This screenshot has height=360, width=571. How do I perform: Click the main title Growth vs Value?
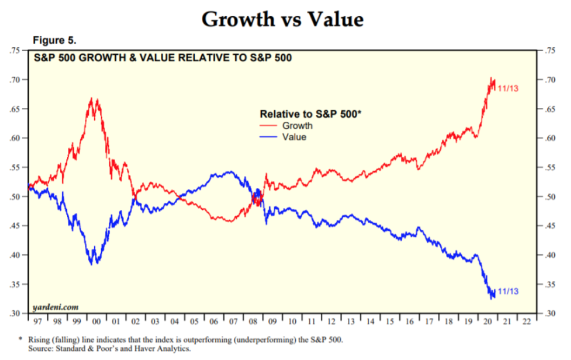tap(283, 20)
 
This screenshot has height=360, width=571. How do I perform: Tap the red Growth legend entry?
tap(297, 126)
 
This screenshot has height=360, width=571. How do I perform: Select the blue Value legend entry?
tap(294, 137)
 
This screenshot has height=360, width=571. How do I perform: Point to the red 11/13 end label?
tap(508, 88)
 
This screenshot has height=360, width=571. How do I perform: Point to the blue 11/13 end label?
tap(508, 291)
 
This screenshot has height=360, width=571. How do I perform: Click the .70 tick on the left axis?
tap(16, 80)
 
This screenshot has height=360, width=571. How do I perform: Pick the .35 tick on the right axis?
tap(550, 284)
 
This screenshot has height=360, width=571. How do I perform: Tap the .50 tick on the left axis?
tap(16, 197)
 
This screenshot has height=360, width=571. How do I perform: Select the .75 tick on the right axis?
tap(550, 51)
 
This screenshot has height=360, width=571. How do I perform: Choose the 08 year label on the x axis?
tap(253, 321)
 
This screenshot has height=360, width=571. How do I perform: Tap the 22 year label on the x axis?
tap(526, 321)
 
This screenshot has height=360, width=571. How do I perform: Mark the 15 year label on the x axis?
tap(390, 321)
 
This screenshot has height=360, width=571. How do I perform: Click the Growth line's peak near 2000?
tap(93, 99)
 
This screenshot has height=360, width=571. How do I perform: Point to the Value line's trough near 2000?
tap(94, 263)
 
